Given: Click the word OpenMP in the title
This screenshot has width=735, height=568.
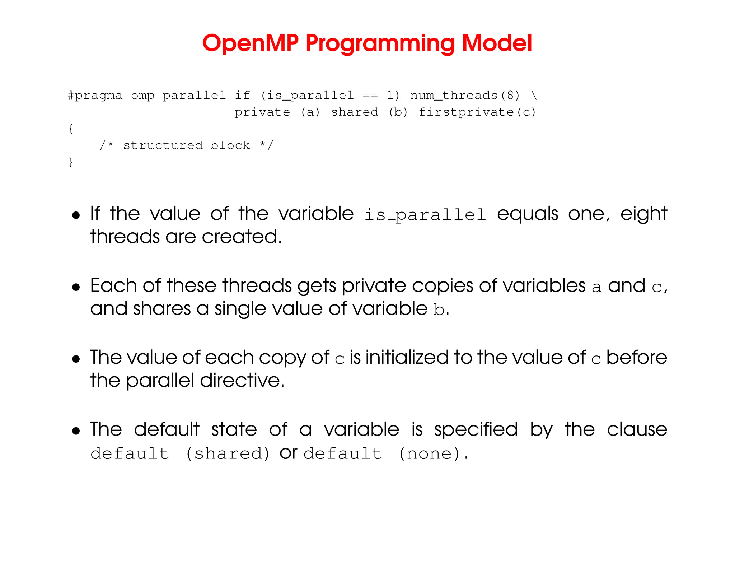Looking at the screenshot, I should (x=250, y=44).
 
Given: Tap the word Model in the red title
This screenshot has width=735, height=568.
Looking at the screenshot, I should (x=497, y=44).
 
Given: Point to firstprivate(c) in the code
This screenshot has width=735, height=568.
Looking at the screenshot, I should (x=477, y=112).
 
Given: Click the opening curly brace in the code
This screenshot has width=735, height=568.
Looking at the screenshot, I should (x=71, y=129).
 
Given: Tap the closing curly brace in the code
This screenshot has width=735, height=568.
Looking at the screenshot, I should (x=71, y=162).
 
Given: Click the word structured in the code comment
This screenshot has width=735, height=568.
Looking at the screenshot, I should (x=163, y=145).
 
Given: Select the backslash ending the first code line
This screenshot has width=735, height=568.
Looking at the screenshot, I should (x=534, y=96).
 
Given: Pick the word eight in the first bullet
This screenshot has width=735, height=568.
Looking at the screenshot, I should (x=643, y=214).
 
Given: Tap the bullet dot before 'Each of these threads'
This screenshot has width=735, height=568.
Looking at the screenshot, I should (x=76, y=287).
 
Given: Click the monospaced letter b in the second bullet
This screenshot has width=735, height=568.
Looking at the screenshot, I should (x=439, y=310).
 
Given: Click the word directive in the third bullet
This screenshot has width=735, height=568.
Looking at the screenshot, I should (x=242, y=381).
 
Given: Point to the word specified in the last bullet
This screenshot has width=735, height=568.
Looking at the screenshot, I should (x=476, y=430).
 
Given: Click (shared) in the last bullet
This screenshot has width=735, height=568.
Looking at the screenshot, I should (x=227, y=454).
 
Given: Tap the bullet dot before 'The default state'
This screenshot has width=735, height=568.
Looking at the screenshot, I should (x=76, y=431).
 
